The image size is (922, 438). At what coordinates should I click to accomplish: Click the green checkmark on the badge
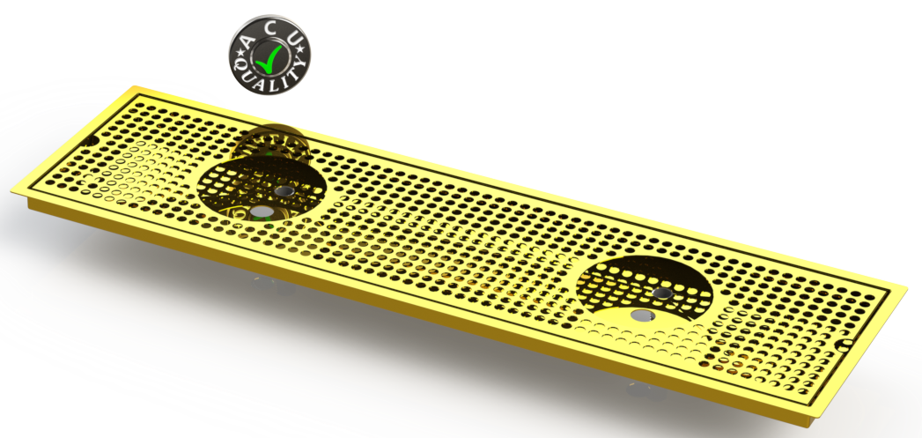tap(270, 57)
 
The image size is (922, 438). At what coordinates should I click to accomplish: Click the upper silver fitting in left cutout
tap(282, 190)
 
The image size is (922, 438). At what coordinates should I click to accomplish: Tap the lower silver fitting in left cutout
tap(260, 212)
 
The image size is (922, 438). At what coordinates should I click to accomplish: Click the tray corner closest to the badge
tap(134, 87)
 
